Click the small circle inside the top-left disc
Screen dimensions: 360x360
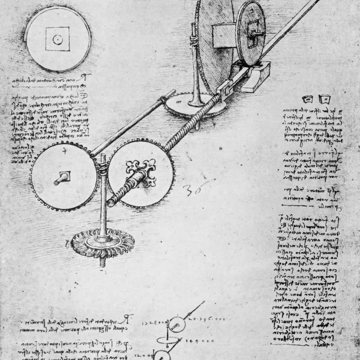click(x=57, y=39)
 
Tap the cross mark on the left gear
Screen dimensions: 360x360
click(x=64, y=151)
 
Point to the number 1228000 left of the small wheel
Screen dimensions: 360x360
click(x=156, y=322)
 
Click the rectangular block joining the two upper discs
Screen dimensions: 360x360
click(x=222, y=36)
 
